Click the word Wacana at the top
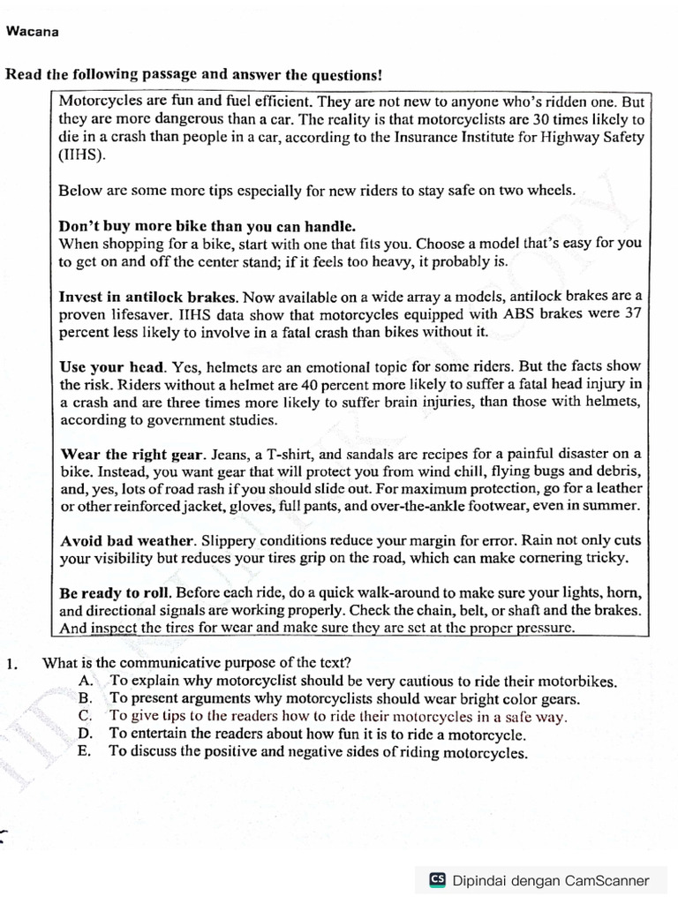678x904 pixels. [32, 32]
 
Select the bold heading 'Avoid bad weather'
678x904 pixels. [126, 540]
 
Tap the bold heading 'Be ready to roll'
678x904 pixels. [113, 592]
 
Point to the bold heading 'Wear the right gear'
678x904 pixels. [132, 454]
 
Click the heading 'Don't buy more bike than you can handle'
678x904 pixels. [207, 226]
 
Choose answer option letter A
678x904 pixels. [86, 681]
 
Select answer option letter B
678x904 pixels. [86, 698]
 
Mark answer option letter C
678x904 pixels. [86, 716]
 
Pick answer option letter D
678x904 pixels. [86, 734]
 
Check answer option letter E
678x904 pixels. [85, 752]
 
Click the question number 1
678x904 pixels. [11, 663]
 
